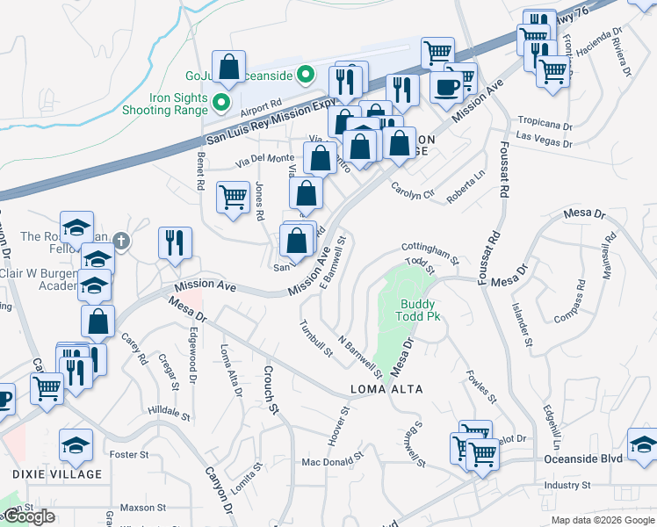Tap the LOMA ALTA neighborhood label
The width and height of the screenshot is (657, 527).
(387, 389)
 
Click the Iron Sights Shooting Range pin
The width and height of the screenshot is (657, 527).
(222, 104)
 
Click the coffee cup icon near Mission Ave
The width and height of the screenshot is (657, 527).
(446, 87)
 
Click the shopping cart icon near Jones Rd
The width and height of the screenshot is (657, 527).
(233, 197)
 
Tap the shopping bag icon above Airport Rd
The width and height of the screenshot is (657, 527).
(228, 68)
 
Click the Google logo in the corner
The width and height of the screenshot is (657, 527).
(30, 517)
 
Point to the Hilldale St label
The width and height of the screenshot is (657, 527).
(163, 411)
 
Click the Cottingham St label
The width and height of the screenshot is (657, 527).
(430, 253)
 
